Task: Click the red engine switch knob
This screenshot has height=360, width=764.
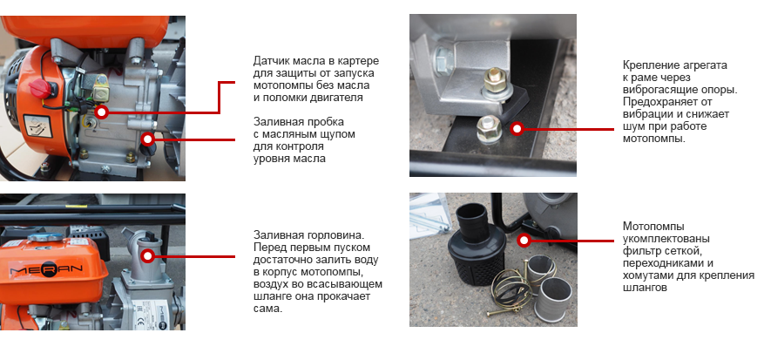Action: pyautogui.click(x=40, y=88)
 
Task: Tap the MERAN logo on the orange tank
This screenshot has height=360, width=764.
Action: pyautogui.click(x=47, y=268)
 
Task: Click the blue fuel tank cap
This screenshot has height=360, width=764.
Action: pyautogui.click(x=44, y=238)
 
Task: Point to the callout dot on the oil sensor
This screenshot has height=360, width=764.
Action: pyautogui.click(x=101, y=112)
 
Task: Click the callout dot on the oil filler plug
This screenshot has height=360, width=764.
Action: pyautogui.click(x=147, y=139)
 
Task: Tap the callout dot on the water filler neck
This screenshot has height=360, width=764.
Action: pyautogui.click(x=147, y=255)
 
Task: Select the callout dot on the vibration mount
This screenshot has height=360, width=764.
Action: pyautogui.click(x=517, y=129)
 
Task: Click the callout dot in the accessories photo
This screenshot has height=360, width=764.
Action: pyautogui.click(x=524, y=240)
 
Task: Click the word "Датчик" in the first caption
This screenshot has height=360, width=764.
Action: pyautogui.click(x=272, y=62)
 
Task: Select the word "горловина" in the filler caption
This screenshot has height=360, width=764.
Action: pyautogui.click(x=335, y=234)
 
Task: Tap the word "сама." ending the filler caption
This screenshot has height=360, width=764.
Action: pyautogui.click(x=268, y=309)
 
